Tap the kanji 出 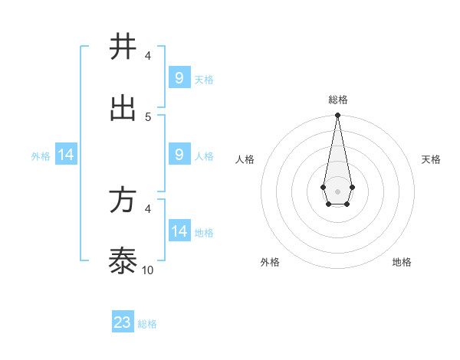coord(123,108)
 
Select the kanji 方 coord(123,201)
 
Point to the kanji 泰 coord(123,263)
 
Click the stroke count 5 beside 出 coord(148,116)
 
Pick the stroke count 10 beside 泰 coord(148,270)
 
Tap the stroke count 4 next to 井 coord(148,55)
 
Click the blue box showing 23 coord(123,322)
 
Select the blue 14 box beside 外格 coord(66,155)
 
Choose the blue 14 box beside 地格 coord(179,231)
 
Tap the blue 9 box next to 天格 coord(179,77)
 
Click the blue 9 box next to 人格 coord(179,155)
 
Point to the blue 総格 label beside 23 coord(147,324)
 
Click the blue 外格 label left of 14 coord(41,156)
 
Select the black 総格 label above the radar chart coord(337,100)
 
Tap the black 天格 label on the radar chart coord(431,159)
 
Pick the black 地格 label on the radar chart coord(402,262)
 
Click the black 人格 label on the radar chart coord(245,159)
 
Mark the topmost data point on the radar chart coord(337,115)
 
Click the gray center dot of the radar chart coord(337,190)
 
